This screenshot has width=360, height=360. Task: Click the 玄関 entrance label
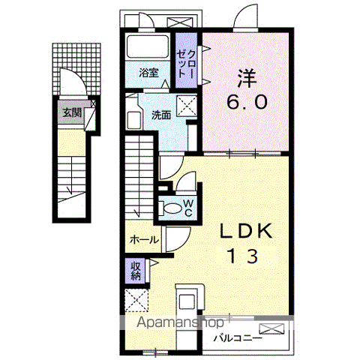point(72,113)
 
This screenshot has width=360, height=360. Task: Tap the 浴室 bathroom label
point(148,73)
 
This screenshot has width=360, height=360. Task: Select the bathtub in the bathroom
point(148,46)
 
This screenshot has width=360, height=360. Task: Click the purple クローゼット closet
point(186,60)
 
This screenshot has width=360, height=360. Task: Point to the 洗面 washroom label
point(161,115)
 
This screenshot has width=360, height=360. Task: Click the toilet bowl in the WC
point(172,208)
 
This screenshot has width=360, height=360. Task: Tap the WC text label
point(188,208)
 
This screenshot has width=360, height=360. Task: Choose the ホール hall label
point(144,240)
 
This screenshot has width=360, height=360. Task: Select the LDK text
point(246,231)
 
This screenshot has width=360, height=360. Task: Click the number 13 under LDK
point(243,256)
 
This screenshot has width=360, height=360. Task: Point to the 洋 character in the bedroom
point(247,78)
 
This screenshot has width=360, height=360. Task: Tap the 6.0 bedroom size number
point(247,102)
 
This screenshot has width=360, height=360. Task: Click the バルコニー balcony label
point(238,339)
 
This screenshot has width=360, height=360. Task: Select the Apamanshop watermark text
point(180,322)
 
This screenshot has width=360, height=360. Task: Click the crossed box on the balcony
point(271,328)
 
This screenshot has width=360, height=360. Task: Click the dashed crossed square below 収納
point(136,300)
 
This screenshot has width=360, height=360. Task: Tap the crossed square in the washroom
point(187,106)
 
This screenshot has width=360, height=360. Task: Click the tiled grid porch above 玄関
point(76,69)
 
